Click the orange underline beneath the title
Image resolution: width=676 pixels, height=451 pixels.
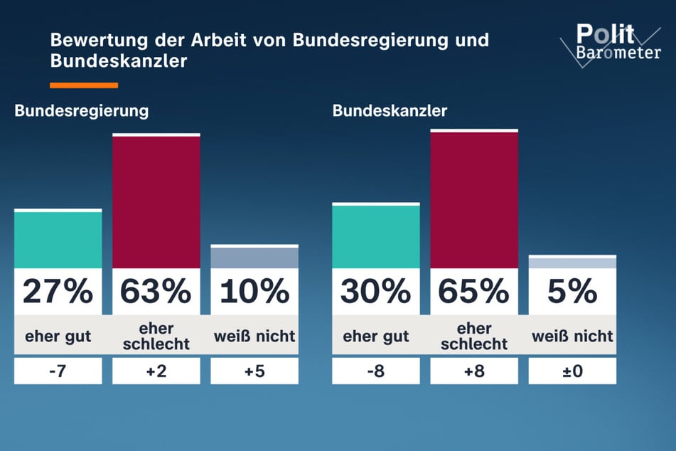point(83,85)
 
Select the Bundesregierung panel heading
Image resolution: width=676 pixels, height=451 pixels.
point(82,111)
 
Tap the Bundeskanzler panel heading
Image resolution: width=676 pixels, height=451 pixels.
point(390,111)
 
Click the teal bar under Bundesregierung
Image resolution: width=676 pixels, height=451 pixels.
point(58,240)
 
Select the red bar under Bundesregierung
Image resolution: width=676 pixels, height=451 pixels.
point(156,201)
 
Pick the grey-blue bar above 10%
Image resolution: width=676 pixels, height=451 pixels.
point(254,258)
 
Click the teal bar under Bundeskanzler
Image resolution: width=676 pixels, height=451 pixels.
point(376,236)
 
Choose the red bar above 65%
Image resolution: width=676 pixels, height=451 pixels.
point(474,200)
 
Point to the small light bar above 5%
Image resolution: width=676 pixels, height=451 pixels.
point(572,262)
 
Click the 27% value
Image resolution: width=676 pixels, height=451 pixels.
point(58,291)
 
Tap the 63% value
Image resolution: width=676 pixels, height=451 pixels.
point(156,291)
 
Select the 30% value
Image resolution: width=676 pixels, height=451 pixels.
point(376,291)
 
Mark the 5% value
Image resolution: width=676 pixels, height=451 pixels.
point(572,291)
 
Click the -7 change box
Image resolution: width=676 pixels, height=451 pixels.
point(58,371)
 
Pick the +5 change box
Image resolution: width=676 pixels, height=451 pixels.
point(254,371)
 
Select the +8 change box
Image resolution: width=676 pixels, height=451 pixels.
point(474,371)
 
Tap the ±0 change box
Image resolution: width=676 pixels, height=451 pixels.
point(572,371)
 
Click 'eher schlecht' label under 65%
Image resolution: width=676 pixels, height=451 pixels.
point(474,336)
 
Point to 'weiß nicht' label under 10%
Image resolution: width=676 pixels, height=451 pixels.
point(254,336)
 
